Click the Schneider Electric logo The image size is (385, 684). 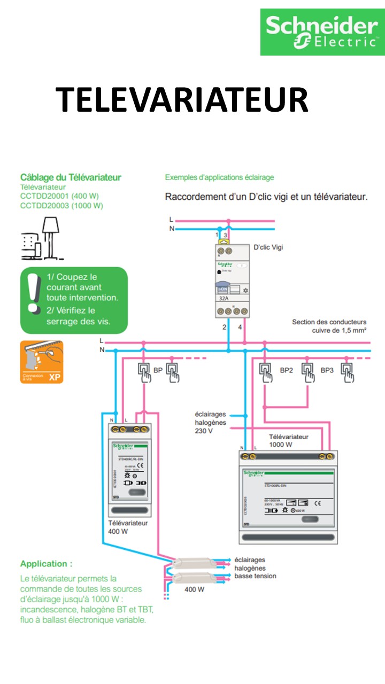click(322, 32)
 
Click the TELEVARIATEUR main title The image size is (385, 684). click(182, 100)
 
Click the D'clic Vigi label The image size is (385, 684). click(269, 247)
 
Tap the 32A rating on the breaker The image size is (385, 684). click(224, 300)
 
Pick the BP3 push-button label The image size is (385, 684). click(328, 369)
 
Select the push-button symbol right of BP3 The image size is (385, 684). click(348, 372)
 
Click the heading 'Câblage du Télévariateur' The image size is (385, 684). click(71, 177)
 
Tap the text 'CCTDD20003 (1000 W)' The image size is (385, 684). click(61, 205)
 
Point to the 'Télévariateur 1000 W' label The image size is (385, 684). click(288, 440)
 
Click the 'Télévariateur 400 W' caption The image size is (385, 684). click(128, 527)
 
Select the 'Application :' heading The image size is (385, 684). click(46, 564)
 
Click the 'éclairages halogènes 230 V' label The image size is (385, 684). click(210, 422)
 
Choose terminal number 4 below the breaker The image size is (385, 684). click(240, 327)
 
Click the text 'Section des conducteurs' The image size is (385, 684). click(329, 322)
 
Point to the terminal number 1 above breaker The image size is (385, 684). click(217, 235)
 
